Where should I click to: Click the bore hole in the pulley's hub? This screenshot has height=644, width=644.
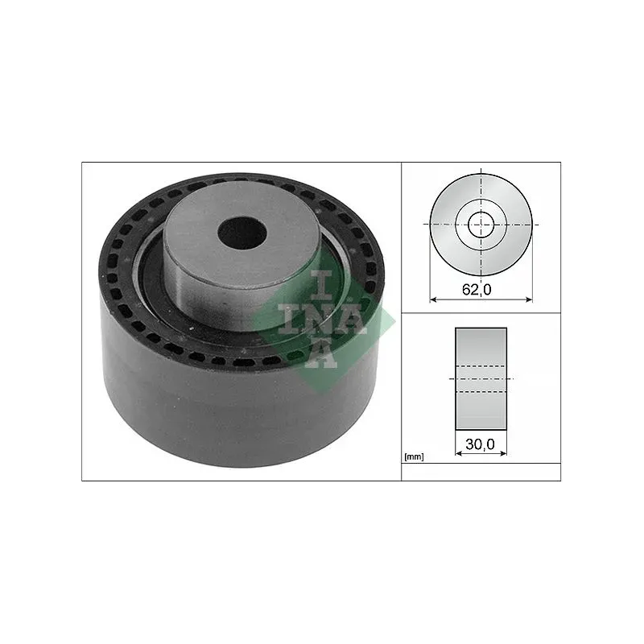242,233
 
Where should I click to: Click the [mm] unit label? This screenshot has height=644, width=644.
414,457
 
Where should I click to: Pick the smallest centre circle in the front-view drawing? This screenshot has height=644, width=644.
481,224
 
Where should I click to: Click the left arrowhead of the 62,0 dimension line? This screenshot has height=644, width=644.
435,299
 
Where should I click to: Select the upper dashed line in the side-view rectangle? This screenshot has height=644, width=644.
481,368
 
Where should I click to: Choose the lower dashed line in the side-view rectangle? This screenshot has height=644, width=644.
481,391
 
